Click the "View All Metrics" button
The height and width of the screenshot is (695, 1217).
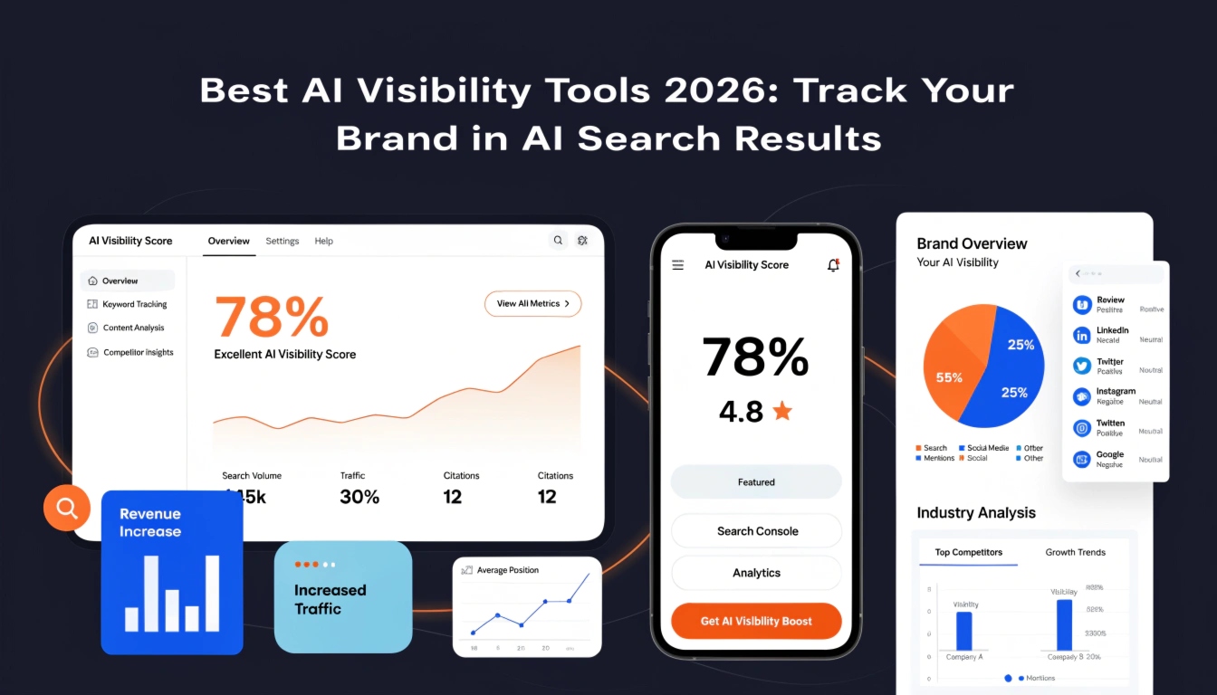click(x=532, y=304)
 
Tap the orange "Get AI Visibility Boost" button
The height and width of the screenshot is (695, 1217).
click(x=756, y=621)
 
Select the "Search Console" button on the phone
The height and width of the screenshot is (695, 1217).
click(x=757, y=531)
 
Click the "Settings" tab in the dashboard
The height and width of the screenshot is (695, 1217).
click(x=283, y=241)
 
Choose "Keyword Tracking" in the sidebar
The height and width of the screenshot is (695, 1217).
click(x=134, y=304)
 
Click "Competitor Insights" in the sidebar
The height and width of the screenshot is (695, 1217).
click(x=138, y=352)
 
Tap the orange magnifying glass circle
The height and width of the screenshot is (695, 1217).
click(x=67, y=508)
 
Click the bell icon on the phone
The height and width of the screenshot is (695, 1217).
click(x=833, y=265)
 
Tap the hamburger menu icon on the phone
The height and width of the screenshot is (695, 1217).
click(x=677, y=265)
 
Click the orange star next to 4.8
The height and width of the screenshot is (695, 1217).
click(x=782, y=412)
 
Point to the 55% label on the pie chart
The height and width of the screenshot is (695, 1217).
click(x=949, y=377)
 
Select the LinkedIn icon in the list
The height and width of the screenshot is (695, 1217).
click(x=1081, y=335)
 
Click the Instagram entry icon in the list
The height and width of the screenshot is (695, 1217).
click(x=1081, y=396)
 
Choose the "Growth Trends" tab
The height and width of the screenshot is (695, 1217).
click(x=1075, y=552)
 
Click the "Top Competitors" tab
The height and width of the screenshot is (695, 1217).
click(x=968, y=552)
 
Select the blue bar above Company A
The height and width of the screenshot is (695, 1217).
click(x=963, y=631)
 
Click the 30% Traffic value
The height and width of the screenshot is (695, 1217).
click(x=359, y=497)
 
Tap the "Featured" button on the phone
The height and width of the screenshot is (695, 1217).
click(x=756, y=482)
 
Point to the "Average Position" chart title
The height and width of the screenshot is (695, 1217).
click(x=507, y=570)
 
